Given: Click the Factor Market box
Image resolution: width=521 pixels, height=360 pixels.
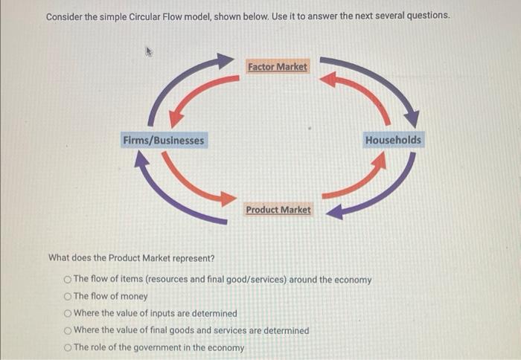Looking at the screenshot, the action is pos(277,67).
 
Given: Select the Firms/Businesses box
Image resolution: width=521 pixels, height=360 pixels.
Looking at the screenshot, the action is pos(163,140).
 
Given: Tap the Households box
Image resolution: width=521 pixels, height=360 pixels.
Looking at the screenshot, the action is pos(393,140).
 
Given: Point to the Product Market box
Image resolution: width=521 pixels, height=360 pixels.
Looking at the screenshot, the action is pos(278,210).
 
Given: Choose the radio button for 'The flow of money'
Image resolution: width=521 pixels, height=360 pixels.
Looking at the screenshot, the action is pos(68,296).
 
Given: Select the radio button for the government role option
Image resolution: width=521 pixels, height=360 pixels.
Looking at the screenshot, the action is pos(68,348).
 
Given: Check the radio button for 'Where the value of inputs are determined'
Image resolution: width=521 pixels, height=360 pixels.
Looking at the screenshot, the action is pos(68,313).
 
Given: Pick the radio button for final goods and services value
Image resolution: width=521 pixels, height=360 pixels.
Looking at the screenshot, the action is pos(68,330).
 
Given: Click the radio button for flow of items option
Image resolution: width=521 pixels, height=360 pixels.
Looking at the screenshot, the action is pos(68,280).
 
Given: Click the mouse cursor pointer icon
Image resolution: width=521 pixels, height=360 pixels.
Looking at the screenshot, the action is pos(149,52).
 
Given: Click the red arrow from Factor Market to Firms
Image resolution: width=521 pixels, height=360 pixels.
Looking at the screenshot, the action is pos(195,94).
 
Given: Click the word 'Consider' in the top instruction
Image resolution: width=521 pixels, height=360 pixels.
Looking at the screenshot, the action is pos(67,16).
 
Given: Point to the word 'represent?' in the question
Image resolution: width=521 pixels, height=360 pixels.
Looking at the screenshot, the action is pos(192,258).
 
